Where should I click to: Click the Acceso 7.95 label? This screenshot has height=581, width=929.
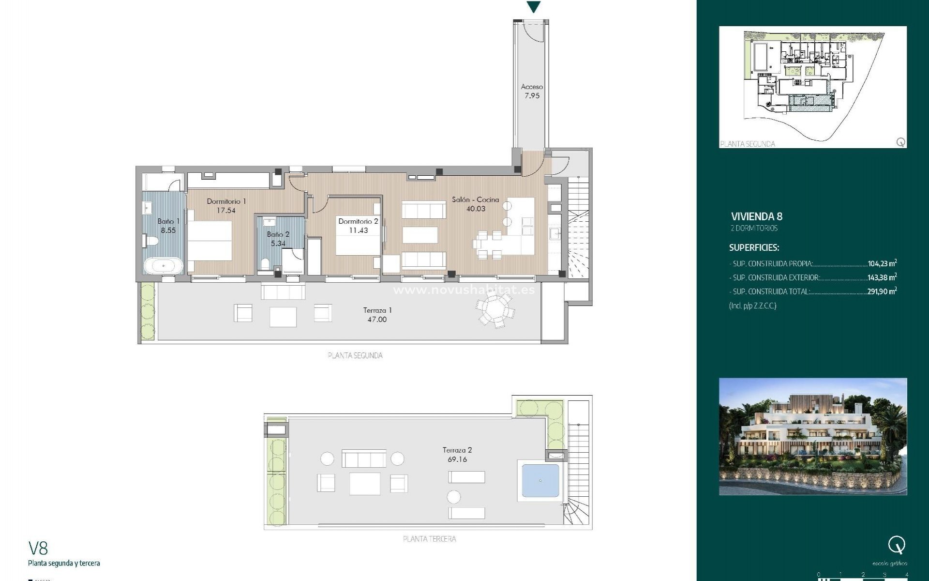pos(532,91)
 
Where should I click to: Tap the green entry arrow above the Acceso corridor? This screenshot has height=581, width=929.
pos(533,7)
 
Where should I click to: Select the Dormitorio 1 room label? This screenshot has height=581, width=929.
pos(226,205)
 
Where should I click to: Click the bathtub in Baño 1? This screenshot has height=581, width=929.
pos(163,266)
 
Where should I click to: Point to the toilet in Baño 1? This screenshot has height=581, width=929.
pos(151,241)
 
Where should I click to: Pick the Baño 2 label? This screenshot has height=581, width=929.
pos(278,239)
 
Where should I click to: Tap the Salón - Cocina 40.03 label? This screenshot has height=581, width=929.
pos(475,204)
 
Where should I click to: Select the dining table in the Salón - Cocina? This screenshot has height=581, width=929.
pos(490,245)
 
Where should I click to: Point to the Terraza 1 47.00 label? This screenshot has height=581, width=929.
pos(377,315)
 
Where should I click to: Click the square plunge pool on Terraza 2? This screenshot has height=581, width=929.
pos(540,481)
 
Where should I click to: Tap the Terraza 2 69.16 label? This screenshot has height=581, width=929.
pos(457,455)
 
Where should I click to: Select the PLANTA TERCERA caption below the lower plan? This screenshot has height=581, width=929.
pos(429,539)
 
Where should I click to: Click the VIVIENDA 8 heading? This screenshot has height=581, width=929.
pos(756,216)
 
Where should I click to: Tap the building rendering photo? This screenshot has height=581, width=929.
pos(812,436)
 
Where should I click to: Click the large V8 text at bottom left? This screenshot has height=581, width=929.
pos(38,548)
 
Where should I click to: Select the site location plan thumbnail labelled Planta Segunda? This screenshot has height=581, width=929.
pos(812,87)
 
